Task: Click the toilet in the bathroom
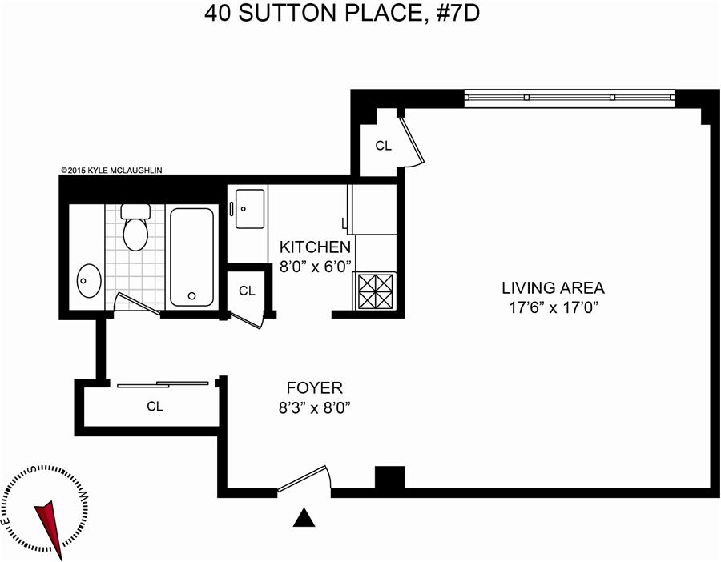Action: (135, 227)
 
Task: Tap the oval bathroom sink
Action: (89, 281)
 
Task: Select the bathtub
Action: (191, 257)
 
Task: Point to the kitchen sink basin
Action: (250, 209)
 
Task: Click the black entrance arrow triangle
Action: (304, 517)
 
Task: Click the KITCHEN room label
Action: (315, 247)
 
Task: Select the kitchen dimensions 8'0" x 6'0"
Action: (316, 267)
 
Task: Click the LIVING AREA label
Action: (553, 288)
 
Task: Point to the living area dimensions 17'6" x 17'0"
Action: (553, 307)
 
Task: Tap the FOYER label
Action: (315, 388)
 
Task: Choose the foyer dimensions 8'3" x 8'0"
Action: (315, 407)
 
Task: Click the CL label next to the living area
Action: (384, 146)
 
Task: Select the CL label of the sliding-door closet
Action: (155, 406)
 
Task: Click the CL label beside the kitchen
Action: (247, 291)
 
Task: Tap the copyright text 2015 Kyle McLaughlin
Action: (111, 170)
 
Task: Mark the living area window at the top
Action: (570, 98)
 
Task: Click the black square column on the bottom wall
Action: (390, 479)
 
